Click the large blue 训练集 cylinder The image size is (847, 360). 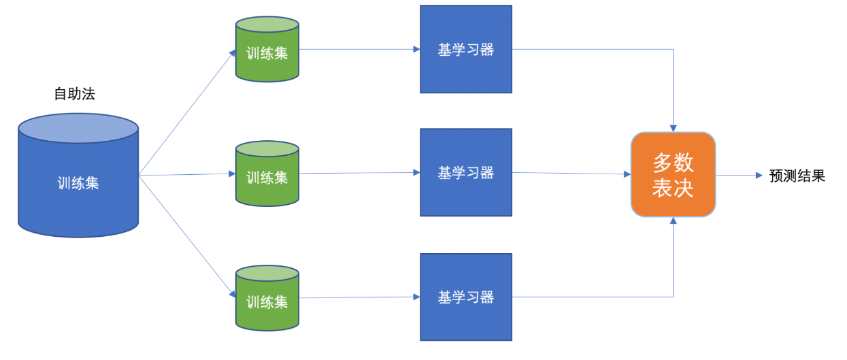click(78, 182)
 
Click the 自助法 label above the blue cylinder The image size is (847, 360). click(74, 94)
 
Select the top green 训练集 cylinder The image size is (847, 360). click(267, 53)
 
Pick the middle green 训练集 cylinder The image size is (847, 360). click(267, 177)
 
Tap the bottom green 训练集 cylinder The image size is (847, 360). click(267, 301)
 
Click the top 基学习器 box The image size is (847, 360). click(466, 49)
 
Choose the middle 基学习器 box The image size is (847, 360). click(466, 173)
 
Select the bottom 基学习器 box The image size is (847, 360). click(466, 297)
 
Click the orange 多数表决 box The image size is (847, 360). click(673, 175)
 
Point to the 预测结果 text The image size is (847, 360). click(797, 176)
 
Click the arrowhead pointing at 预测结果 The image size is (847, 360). click(759, 176)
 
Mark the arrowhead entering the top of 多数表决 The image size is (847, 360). click(674, 127)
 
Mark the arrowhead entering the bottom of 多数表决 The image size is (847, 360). click(674, 221)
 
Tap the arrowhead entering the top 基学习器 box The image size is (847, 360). click(416, 49)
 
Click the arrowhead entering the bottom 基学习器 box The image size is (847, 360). click(416, 297)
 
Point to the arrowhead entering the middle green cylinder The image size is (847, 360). click(231, 174)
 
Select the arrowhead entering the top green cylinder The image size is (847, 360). click(233, 52)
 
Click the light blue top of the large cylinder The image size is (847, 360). click(78, 128)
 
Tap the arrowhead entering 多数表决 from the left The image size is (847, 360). click(627, 174)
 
